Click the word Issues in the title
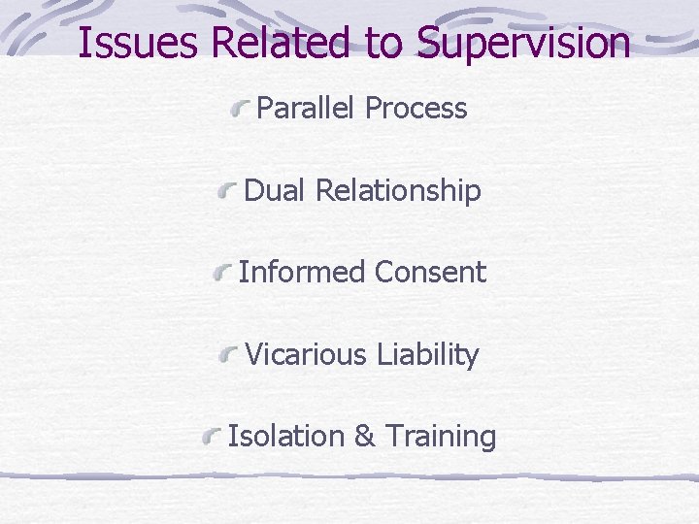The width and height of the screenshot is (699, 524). pos(126,44)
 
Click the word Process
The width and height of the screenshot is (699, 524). pos(416,109)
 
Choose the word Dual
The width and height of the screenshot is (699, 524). pos(277,191)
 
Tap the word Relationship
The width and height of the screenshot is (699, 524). pos(399,192)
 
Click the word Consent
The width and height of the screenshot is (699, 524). pos(430,273)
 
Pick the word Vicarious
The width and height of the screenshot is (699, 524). pos(303,355)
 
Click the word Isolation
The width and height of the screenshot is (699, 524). pos(286,437)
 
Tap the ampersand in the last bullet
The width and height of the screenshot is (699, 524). pos(365,437)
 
